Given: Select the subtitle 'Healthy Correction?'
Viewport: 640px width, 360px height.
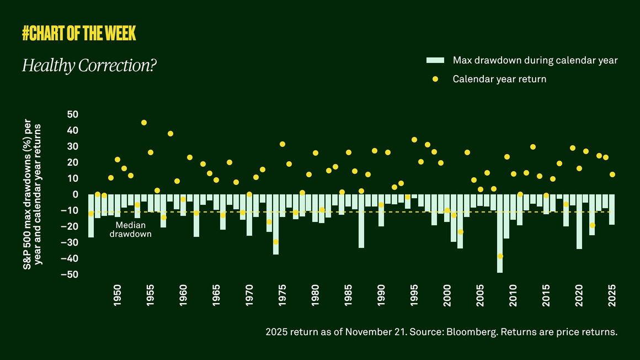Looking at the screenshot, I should tap(89, 66).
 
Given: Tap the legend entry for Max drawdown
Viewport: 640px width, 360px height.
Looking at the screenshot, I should tap(535, 60).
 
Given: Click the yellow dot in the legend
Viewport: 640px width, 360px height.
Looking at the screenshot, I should tap(435, 79).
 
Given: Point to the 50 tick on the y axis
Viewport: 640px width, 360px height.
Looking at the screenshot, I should tap(72, 114).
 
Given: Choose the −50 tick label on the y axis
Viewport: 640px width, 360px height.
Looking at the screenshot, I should tap(70, 274).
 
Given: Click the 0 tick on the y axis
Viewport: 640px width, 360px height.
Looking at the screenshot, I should tap(76, 194).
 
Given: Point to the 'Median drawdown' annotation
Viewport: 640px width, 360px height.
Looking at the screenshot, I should tap(130, 230).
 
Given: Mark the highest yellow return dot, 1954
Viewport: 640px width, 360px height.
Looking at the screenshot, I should tap(144, 123).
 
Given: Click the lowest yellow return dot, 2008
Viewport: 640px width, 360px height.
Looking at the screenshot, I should tap(500, 256).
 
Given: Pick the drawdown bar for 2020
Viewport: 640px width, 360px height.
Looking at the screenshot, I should tap(579, 221).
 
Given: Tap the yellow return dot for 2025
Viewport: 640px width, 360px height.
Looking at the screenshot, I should tap(612, 174).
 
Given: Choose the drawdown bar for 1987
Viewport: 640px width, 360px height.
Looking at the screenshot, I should tap(361, 221).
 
